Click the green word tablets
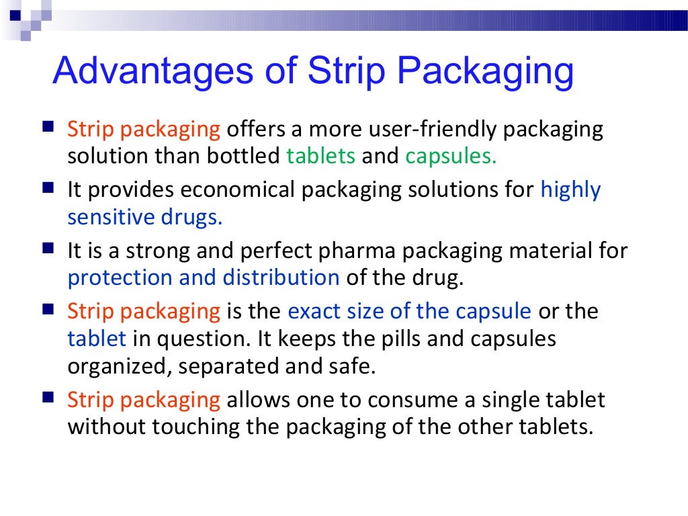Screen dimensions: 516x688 tap(320, 156)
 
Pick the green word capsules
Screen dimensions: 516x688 tap(450, 157)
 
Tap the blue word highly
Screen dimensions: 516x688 tap(570, 190)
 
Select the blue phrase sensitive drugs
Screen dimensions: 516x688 tap(144, 217)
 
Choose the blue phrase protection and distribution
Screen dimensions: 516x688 tap(204, 277)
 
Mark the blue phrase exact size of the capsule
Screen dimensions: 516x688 tap(409, 312)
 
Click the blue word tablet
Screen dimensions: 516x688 tap(97, 339)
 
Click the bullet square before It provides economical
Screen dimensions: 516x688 tap(48, 187)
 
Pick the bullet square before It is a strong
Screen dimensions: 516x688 tap(48, 249)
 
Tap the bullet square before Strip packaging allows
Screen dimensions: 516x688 tap(48, 398)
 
